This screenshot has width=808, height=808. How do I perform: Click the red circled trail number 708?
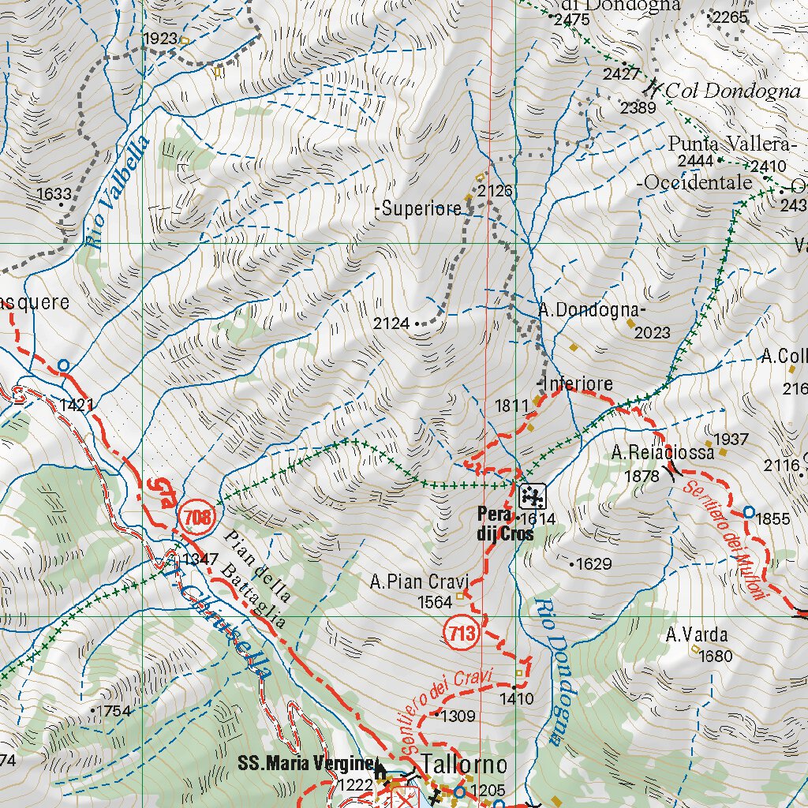point(197,518)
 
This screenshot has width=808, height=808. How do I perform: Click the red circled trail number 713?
point(462,633)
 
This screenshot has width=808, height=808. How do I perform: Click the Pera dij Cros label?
point(505,524)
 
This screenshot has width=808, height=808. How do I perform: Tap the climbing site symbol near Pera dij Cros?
point(533,496)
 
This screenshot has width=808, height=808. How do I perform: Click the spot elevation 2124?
point(391,323)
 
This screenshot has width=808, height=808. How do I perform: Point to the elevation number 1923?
point(160,39)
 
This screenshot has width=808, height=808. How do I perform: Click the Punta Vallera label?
point(728,144)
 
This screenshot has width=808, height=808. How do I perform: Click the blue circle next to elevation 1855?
point(749,512)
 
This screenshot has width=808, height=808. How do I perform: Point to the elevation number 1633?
point(54,193)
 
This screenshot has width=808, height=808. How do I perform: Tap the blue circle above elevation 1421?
point(63,365)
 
